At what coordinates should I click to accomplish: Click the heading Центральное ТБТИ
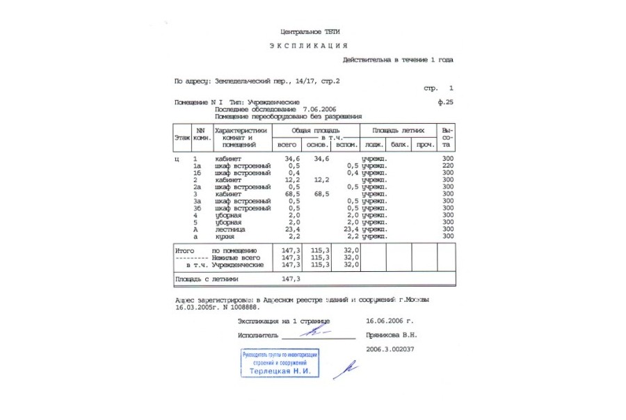point(310,32)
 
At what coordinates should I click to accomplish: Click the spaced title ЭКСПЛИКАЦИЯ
point(308,46)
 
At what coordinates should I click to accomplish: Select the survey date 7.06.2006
point(320,110)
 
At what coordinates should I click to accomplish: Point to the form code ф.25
point(445,103)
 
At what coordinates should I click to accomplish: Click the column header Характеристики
point(241,130)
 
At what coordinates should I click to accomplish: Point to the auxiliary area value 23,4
point(349,229)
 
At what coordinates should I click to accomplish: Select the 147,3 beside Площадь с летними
point(291,279)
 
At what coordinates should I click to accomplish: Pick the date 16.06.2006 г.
point(390,322)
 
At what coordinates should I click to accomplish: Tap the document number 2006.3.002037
point(390,348)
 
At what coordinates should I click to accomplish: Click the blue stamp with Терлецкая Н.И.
point(280,364)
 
